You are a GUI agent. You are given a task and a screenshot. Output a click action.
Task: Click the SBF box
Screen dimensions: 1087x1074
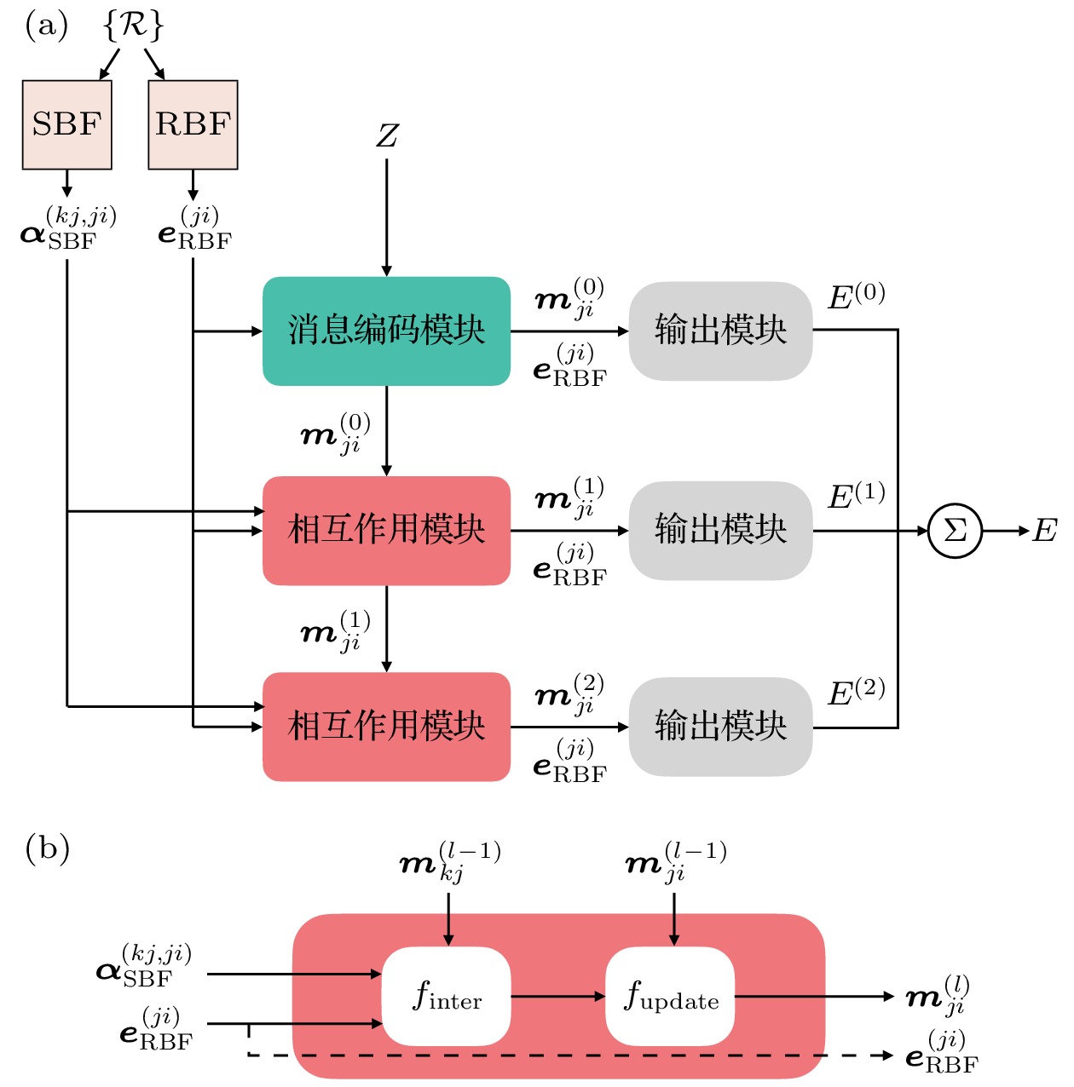click(x=66, y=124)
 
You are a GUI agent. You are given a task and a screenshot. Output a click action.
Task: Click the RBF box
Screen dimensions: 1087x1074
click(x=193, y=124)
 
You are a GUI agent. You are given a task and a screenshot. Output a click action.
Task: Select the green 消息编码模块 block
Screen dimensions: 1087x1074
click(x=386, y=331)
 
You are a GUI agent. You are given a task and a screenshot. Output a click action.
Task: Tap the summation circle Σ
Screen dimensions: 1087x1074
click(x=955, y=531)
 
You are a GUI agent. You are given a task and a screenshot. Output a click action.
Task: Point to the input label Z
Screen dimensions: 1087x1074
click(x=387, y=135)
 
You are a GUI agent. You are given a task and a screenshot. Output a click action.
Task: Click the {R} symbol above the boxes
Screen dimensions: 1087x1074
click(x=132, y=26)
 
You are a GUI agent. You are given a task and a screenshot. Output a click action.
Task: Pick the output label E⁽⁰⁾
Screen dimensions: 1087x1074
click(x=856, y=296)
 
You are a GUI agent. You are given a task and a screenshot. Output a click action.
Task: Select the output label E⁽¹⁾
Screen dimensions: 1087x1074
click(x=856, y=496)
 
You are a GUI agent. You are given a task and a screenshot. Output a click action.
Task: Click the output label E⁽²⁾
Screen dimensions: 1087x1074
click(x=856, y=693)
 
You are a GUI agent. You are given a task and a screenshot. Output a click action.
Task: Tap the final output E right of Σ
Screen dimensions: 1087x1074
click(x=1044, y=531)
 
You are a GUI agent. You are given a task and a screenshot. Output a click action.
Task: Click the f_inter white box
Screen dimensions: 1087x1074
click(x=447, y=996)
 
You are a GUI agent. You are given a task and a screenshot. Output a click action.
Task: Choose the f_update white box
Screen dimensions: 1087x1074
click(x=671, y=996)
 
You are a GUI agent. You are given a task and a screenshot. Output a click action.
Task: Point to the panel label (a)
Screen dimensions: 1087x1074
click(x=46, y=26)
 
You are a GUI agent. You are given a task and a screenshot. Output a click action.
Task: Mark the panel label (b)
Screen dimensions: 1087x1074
click(x=47, y=848)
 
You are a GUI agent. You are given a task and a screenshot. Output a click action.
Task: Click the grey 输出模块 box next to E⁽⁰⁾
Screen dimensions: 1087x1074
click(x=720, y=331)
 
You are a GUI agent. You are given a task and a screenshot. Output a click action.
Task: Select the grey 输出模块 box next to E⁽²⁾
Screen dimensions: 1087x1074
click(x=720, y=727)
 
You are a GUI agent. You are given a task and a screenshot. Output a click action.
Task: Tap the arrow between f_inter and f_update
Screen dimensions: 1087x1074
click(x=557, y=996)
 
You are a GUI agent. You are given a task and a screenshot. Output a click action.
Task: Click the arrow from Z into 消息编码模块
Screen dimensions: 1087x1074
click(x=386, y=217)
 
